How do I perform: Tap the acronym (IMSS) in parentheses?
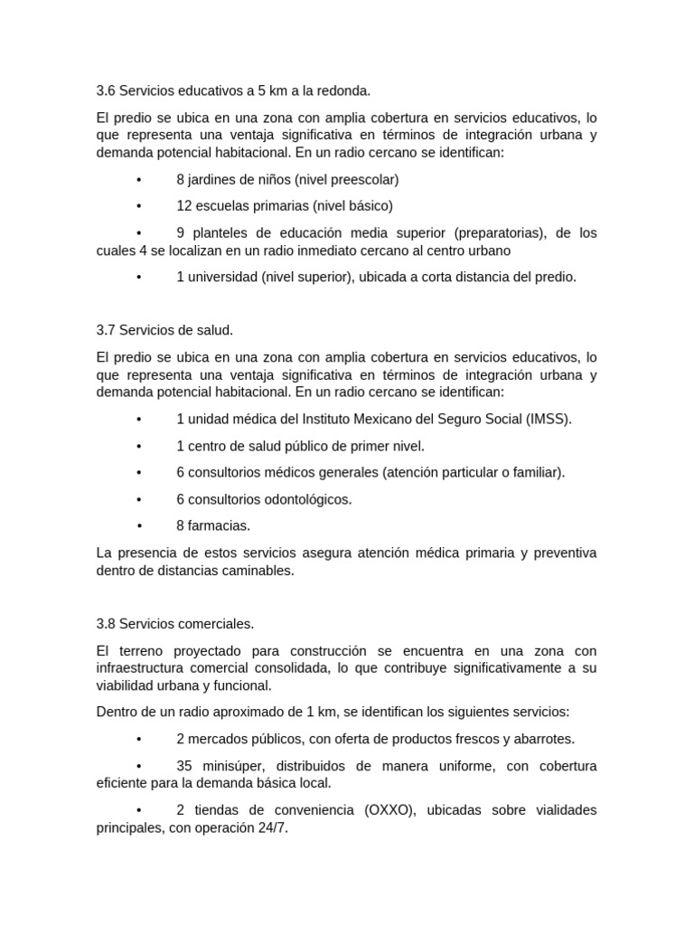point(549,420)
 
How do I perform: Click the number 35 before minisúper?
point(185,766)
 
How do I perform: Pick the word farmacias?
point(219,525)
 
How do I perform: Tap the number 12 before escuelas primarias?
point(184,206)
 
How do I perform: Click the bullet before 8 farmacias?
point(140,525)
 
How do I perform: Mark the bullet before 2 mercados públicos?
point(139,739)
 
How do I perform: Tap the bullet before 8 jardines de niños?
point(139,180)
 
